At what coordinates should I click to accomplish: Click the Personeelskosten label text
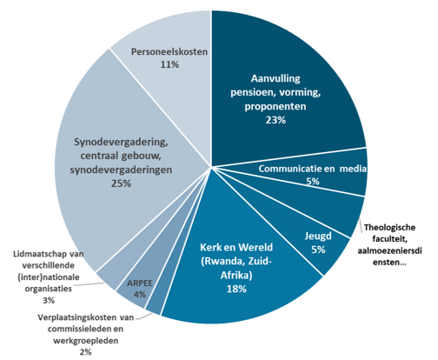coord(169,52)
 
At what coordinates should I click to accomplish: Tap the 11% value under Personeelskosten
coord(169,64)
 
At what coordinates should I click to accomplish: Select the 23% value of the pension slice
coord(275,120)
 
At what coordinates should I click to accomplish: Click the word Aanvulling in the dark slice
coord(275,78)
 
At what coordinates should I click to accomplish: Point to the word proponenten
coord(275,106)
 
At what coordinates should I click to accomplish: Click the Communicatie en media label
coord(313,169)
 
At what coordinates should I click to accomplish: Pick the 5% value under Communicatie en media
coord(313,182)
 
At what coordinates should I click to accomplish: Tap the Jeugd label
coord(318,237)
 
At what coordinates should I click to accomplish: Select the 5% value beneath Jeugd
coord(318,250)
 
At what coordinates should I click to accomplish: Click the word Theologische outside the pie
coord(389,228)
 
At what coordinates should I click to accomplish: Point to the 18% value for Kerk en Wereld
coord(236,289)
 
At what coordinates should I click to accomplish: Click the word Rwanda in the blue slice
coord(222,262)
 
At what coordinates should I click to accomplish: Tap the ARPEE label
coord(140,283)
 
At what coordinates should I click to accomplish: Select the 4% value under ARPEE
coord(140,295)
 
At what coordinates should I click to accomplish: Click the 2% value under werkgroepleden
coord(85,352)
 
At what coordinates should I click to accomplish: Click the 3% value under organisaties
coord(49,300)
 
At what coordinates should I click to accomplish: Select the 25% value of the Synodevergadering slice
coord(121,183)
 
